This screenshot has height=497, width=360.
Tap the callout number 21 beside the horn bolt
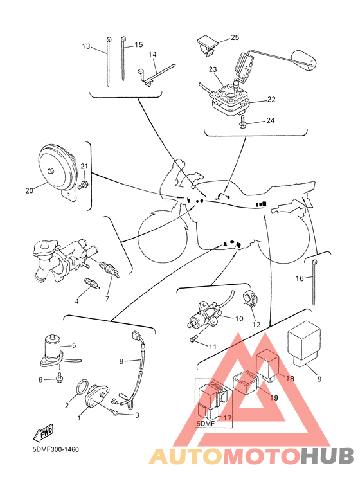tap(84, 167)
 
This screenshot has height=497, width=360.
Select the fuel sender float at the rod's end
tap(303, 59)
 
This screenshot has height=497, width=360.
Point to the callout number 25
tap(235, 37)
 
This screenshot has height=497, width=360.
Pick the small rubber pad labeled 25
tap(206, 45)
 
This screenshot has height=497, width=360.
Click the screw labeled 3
tap(114, 411)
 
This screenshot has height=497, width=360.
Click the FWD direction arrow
tap(44, 432)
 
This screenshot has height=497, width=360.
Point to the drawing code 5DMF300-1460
tap(56, 449)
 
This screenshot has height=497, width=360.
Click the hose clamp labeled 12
tap(249, 298)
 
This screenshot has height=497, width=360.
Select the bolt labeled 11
tap(194, 339)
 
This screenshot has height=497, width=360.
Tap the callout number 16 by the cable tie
tap(300, 278)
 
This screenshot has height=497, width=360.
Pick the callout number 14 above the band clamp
tap(152, 55)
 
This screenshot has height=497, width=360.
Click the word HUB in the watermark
tap(327, 456)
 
